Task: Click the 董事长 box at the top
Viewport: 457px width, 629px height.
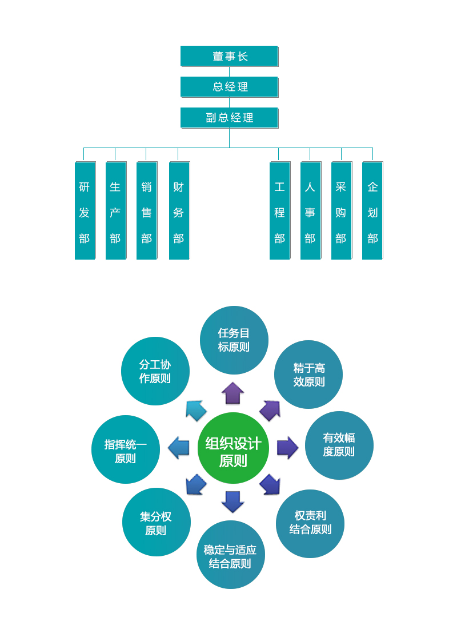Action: click(x=229, y=56)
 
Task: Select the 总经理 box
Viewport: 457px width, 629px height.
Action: click(x=229, y=87)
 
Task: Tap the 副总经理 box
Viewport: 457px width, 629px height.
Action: click(x=229, y=118)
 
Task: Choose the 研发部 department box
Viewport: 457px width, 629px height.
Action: click(x=85, y=210)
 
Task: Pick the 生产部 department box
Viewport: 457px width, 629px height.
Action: click(x=115, y=210)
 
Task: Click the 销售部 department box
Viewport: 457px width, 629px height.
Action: click(x=146, y=210)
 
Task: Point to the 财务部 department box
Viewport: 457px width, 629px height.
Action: click(x=179, y=210)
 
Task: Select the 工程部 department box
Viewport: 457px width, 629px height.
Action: click(x=279, y=210)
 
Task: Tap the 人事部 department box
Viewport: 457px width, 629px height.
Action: click(x=310, y=210)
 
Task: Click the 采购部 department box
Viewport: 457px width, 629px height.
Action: click(x=341, y=210)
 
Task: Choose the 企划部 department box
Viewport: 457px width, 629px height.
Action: click(x=372, y=210)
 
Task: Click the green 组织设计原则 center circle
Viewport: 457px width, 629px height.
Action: click(x=233, y=448)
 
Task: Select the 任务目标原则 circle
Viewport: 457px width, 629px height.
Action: click(x=234, y=340)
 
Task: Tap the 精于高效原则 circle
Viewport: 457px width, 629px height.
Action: click(x=308, y=375)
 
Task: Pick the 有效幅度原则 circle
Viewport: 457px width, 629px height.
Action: click(x=339, y=445)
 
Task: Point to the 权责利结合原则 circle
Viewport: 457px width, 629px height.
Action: click(x=310, y=523)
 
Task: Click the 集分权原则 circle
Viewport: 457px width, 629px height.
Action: click(x=156, y=522)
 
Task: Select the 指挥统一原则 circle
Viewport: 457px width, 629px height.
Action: click(x=126, y=449)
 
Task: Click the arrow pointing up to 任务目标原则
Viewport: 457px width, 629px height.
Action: click(x=232, y=393)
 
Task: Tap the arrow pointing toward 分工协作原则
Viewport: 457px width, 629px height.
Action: click(x=195, y=410)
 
